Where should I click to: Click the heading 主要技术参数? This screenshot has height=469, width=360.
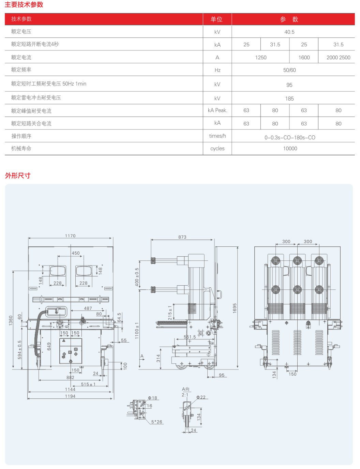24,5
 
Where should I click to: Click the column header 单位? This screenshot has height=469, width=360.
217,19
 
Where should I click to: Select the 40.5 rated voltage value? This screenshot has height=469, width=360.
289,32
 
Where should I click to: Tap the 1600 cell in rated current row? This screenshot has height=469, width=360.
304,58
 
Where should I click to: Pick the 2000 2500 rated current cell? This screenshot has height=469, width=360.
338,58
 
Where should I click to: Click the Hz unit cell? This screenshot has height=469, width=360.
217,70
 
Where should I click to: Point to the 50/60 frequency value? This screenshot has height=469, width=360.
289,70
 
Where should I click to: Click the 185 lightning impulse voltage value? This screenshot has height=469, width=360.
289,99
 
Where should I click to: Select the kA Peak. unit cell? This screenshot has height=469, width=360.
217,110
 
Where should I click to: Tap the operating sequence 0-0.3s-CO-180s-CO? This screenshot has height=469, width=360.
290,138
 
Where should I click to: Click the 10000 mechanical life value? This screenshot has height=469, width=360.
290,149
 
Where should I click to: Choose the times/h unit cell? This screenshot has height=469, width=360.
217,136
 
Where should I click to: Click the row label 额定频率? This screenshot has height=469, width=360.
21,70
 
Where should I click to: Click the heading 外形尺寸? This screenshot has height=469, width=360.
18,176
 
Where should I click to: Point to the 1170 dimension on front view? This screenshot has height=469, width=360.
70,236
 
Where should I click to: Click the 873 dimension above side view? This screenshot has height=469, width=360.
182,237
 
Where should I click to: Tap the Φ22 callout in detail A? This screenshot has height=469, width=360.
201,397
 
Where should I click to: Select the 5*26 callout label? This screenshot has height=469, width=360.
157,422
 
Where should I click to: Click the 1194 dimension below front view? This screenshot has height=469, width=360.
70,396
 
